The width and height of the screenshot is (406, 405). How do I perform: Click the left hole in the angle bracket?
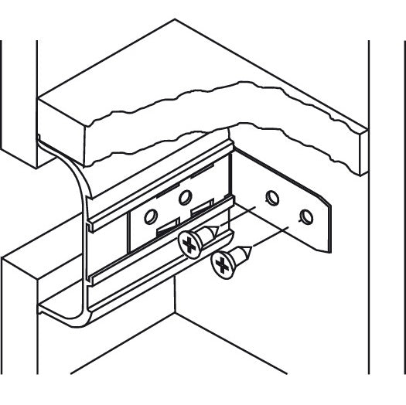(x=271, y=197)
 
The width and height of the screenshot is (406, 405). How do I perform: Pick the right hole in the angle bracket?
(x=307, y=215)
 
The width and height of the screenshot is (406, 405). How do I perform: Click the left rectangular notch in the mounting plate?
(x=165, y=230)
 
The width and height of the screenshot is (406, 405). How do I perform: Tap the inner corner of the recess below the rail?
(x=176, y=313)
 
